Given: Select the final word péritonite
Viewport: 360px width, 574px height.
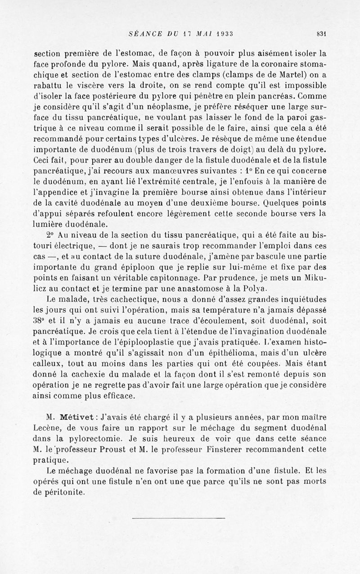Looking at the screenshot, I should click(x=66, y=493).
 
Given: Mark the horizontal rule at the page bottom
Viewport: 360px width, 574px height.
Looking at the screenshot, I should click(x=179, y=519).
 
